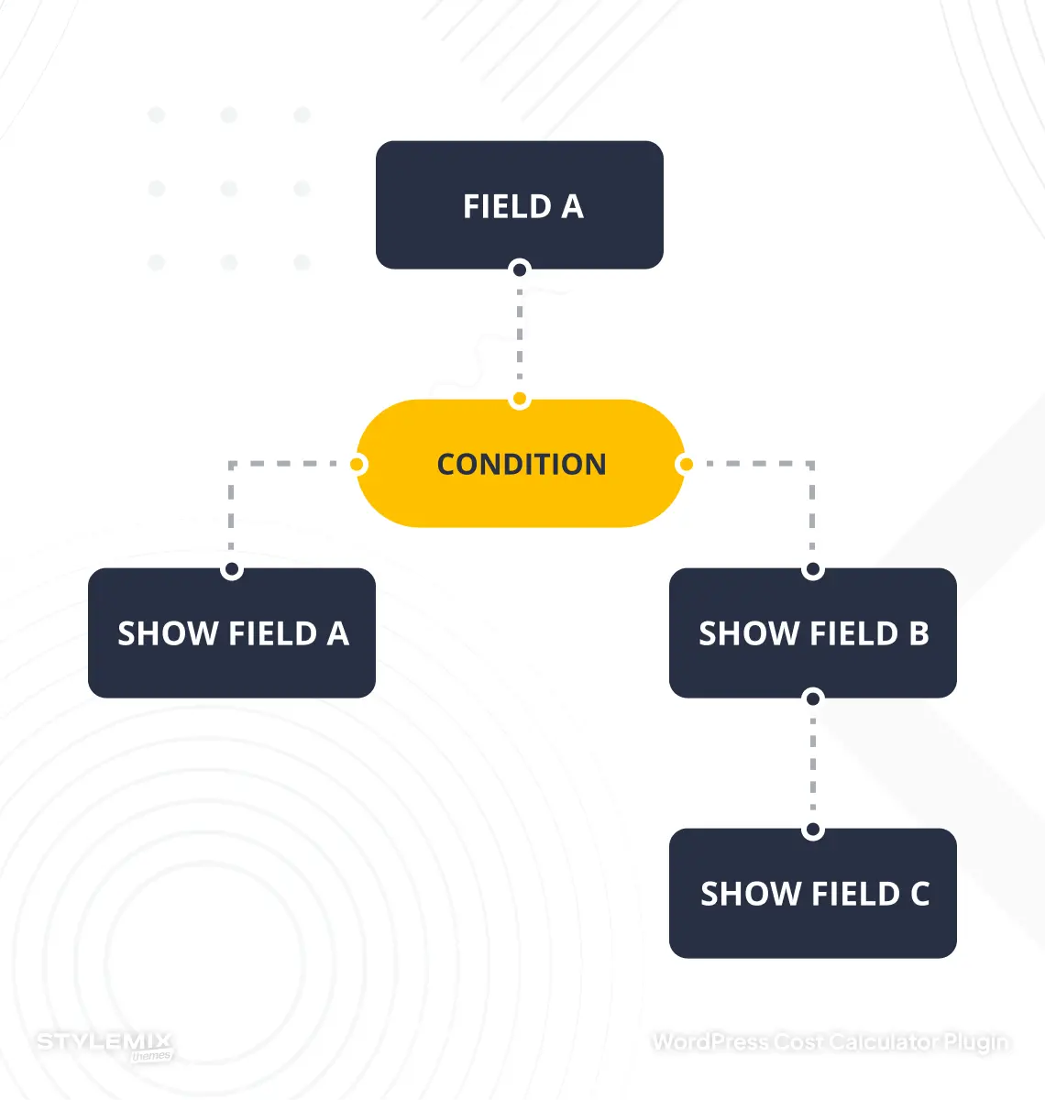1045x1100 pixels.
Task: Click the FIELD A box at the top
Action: point(520,204)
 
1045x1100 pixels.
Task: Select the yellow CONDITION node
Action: point(521,464)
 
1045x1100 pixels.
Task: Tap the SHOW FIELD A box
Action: point(232,633)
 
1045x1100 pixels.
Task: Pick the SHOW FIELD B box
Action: point(813,633)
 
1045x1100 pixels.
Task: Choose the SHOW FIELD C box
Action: point(813,894)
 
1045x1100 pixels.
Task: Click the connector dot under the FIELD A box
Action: point(520,269)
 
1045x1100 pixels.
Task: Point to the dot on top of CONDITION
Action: point(520,400)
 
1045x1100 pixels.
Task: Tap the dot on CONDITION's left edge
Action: point(358,465)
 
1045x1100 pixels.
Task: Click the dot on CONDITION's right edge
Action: point(684,465)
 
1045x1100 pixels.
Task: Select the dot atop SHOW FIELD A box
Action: point(232,570)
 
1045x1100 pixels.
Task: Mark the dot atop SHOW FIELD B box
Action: point(813,570)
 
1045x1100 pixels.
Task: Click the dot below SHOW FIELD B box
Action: point(813,698)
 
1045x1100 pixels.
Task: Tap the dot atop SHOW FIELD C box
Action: point(813,831)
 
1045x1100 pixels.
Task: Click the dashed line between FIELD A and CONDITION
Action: point(520,335)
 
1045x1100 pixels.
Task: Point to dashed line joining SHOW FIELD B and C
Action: point(813,764)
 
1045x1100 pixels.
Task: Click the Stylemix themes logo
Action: point(104,1045)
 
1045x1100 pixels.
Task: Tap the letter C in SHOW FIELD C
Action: point(919,894)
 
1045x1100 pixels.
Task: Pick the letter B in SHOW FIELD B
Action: point(918,633)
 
